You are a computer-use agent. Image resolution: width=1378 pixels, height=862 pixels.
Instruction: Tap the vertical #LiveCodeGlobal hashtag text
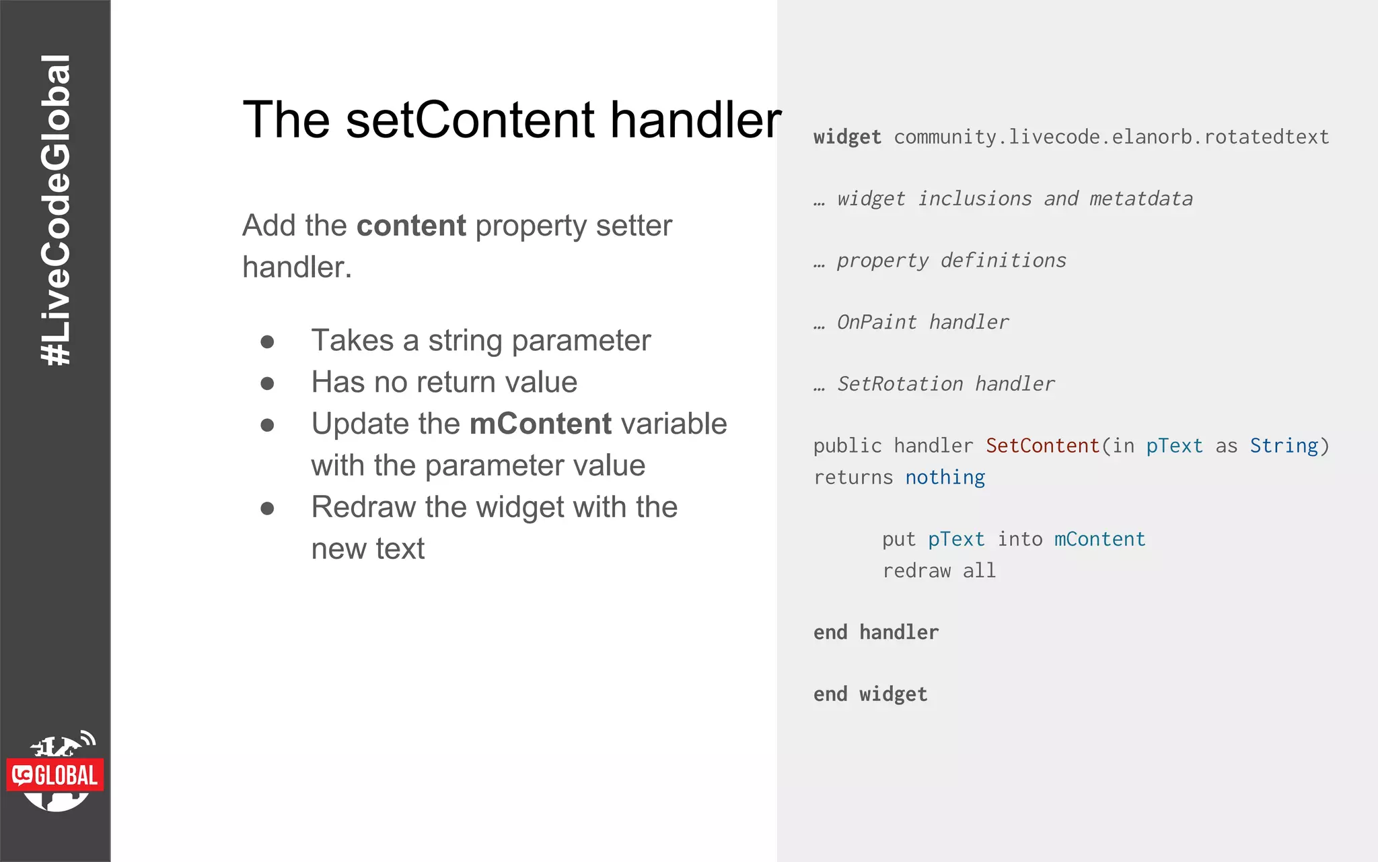(x=56, y=210)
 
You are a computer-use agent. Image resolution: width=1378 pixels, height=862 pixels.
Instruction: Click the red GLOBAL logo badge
(x=55, y=775)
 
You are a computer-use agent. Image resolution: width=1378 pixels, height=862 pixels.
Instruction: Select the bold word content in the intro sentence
(x=410, y=226)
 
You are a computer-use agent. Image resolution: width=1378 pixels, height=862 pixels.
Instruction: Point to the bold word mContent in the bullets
(x=540, y=424)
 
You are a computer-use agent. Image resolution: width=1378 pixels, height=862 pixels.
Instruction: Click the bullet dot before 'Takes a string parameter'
(x=267, y=342)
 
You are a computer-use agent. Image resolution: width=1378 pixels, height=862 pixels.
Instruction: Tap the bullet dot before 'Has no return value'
(x=267, y=384)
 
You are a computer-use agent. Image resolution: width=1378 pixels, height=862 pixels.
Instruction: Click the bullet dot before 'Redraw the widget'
(x=267, y=508)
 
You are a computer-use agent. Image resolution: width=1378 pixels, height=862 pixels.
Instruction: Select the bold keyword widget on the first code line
(x=846, y=137)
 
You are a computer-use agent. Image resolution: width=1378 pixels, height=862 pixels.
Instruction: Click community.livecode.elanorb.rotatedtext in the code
(x=1111, y=137)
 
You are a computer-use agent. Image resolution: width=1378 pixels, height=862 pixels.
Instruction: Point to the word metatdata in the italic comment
(x=1140, y=199)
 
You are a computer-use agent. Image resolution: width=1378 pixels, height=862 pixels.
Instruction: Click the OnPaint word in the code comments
(x=876, y=323)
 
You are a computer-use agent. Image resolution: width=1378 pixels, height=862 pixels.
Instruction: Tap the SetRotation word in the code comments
(x=900, y=385)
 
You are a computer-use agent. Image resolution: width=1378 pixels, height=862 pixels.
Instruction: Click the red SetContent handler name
(x=1042, y=446)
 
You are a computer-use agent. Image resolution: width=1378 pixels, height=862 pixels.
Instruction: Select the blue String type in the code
(x=1284, y=446)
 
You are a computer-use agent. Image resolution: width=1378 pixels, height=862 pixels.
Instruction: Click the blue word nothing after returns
(x=945, y=477)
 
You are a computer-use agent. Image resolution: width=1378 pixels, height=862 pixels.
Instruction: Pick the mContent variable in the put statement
(x=1099, y=539)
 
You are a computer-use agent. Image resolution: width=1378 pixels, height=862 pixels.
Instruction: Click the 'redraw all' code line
(x=939, y=571)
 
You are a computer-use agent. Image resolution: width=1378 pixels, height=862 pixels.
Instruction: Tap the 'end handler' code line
(x=875, y=632)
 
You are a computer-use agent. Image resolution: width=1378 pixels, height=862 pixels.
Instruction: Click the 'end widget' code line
(x=870, y=694)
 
